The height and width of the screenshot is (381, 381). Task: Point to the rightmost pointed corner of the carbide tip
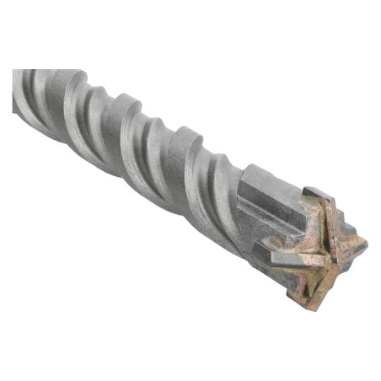[367, 246]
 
